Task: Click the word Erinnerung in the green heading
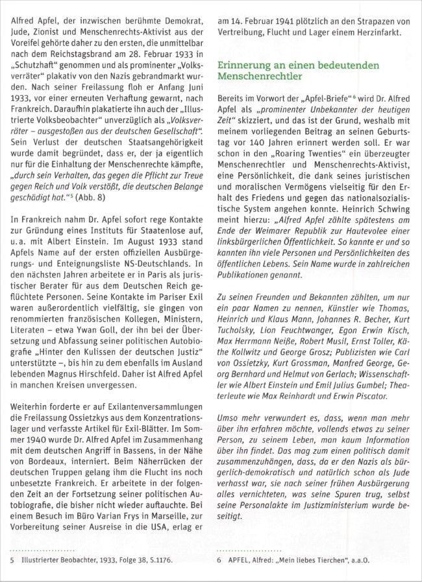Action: [x=245, y=65]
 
